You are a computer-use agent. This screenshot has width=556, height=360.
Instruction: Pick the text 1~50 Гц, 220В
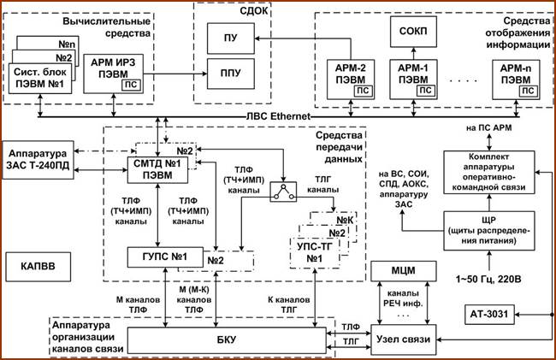(488, 280)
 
